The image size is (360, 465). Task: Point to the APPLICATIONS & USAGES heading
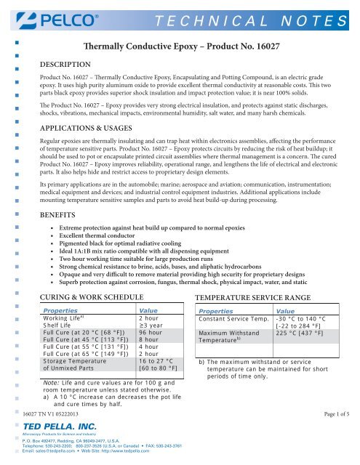(x=92, y=125)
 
